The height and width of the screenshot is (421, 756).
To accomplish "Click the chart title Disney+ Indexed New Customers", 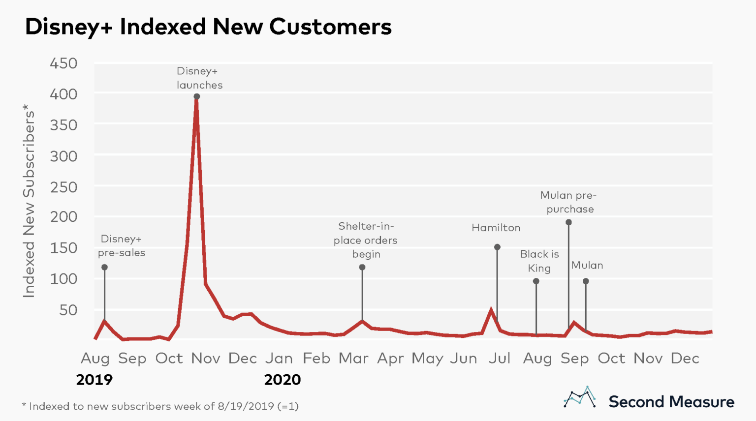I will [x=208, y=27].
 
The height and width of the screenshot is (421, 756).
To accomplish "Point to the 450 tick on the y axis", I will [x=63, y=63].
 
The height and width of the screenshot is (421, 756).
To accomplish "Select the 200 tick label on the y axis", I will [x=63, y=217].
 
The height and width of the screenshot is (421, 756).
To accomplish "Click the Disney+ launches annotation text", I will [x=199, y=78].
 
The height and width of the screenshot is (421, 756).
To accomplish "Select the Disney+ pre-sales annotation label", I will [x=122, y=246].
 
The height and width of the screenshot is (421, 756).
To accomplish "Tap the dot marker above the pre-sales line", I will [x=104, y=268].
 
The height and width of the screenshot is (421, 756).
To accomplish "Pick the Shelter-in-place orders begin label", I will [x=366, y=240].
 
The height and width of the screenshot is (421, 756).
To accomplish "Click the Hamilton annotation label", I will [x=496, y=228].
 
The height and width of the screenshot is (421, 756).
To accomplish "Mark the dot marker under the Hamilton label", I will [x=497, y=247].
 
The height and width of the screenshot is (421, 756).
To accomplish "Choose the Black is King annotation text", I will [x=539, y=261].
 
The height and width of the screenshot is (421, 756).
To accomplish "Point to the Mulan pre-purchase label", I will [x=569, y=202].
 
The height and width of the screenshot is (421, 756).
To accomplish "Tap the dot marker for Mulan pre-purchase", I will [x=568, y=222].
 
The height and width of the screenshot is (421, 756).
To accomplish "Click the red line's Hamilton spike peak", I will [x=491, y=310].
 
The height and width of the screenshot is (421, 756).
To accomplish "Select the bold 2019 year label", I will [x=94, y=380].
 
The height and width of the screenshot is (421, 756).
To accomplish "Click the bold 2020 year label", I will [x=283, y=380].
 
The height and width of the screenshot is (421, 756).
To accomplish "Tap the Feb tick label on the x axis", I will [x=316, y=359].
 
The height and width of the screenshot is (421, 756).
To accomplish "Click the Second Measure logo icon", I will [x=579, y=397].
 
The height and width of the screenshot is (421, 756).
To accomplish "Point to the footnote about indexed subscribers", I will [x=160, y=406].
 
